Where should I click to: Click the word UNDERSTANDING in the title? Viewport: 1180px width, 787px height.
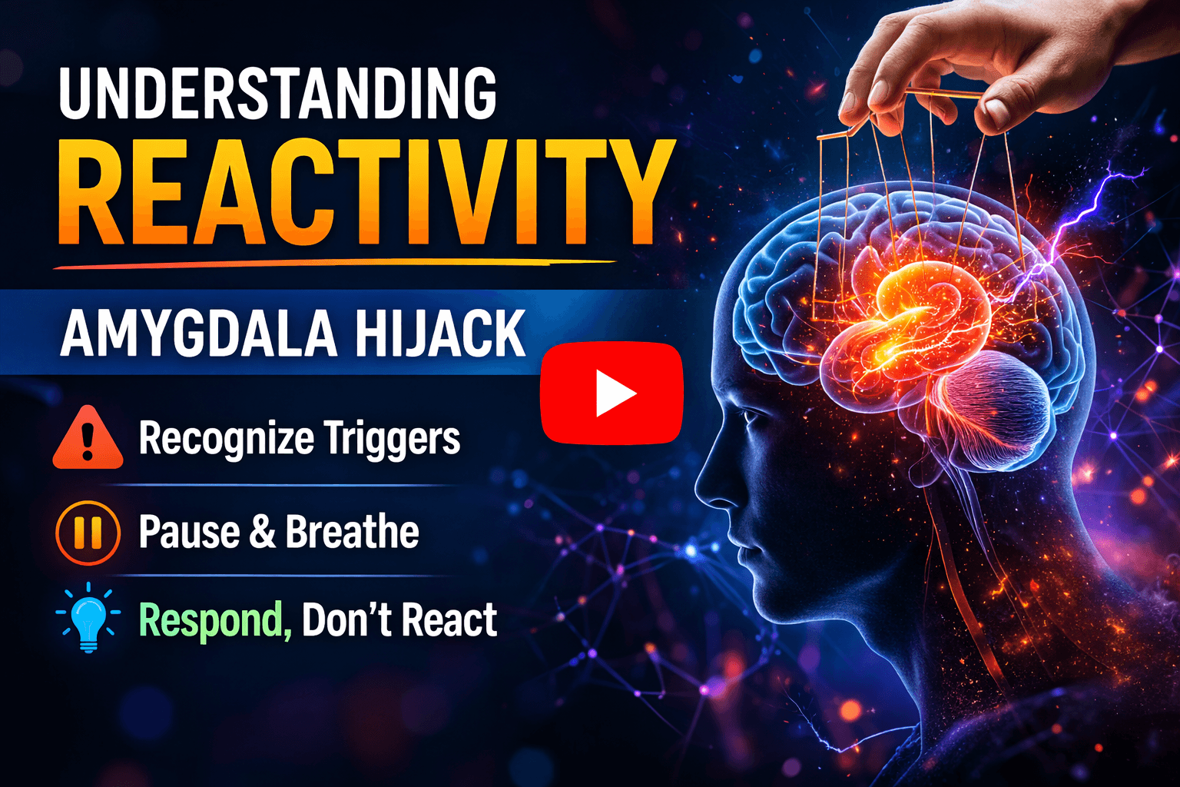[277, 94]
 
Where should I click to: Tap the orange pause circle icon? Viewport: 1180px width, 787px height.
[88, 533]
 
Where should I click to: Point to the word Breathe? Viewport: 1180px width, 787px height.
[353, 532]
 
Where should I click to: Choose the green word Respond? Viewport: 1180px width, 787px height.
[214, 620]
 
